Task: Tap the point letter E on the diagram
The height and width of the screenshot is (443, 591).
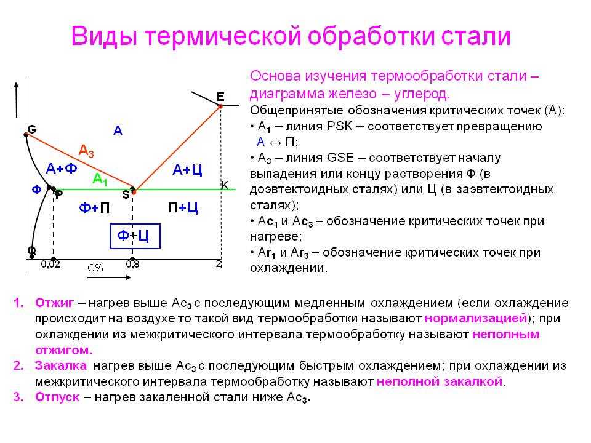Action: click(220, 97)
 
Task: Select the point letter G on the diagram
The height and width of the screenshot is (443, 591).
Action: click(32, 130)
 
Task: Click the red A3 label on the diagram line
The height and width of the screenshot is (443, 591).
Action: click(86, 151)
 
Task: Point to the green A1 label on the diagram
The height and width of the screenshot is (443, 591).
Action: click(100, 179)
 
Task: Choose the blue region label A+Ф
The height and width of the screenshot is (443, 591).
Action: click(62, 168)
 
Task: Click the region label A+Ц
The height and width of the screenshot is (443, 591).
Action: click(187, 170)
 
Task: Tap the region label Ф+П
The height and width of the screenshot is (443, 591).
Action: click(94, 207)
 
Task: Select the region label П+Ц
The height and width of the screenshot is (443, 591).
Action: click(183, 207)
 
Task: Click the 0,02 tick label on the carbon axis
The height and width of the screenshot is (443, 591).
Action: click(50, 265)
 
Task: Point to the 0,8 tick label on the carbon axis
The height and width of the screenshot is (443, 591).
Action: click(133, 265)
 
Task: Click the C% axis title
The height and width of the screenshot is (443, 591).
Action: click(95, 268)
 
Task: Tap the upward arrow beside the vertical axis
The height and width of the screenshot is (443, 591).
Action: click(16, 100)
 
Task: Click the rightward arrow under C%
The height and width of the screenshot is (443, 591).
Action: click(109, 277)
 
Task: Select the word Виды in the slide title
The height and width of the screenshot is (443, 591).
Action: click(103, 36)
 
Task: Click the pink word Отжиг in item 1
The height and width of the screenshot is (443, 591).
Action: click(55, 303)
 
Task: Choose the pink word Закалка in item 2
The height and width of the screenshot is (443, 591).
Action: click(61, 365)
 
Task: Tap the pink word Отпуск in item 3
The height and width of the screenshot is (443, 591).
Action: click(57, 397)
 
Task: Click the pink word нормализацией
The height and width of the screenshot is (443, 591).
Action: click(476, 319)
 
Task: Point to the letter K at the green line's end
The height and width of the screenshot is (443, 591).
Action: click(225, 185)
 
